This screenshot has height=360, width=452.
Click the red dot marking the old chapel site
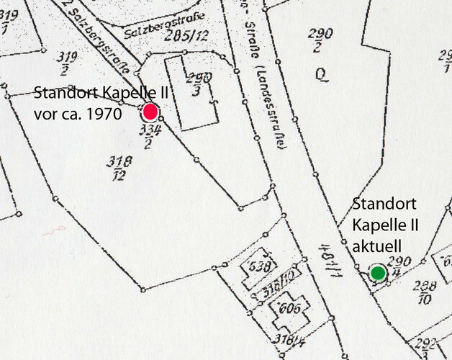(x=150, y=112)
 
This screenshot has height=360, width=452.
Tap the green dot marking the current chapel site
(x=377, y=273)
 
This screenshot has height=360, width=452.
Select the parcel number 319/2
(x=67, y=63)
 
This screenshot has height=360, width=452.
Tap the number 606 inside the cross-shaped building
(x=285, y=310)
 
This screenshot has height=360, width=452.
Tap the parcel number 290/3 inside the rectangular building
(x=194, y=83)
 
